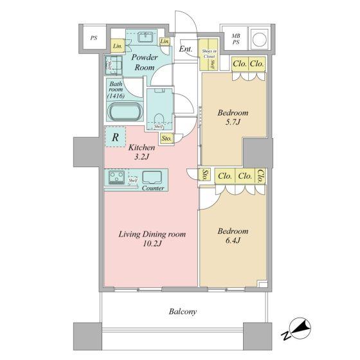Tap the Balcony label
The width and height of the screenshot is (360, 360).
[x=183, y=312]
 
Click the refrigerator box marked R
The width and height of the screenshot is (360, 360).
[x=114, y=137]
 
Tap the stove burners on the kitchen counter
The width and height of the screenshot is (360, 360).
[x=118, y=177]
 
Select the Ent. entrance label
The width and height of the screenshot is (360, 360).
[x=185, y=49]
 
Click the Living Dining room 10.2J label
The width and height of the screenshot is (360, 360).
[x=152, y=239]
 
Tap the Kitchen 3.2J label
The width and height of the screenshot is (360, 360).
[x=141, y=152]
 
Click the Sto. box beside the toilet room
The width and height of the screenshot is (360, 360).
[x=166, y=138]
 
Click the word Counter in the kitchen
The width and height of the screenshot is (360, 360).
[x=153, y=188]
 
